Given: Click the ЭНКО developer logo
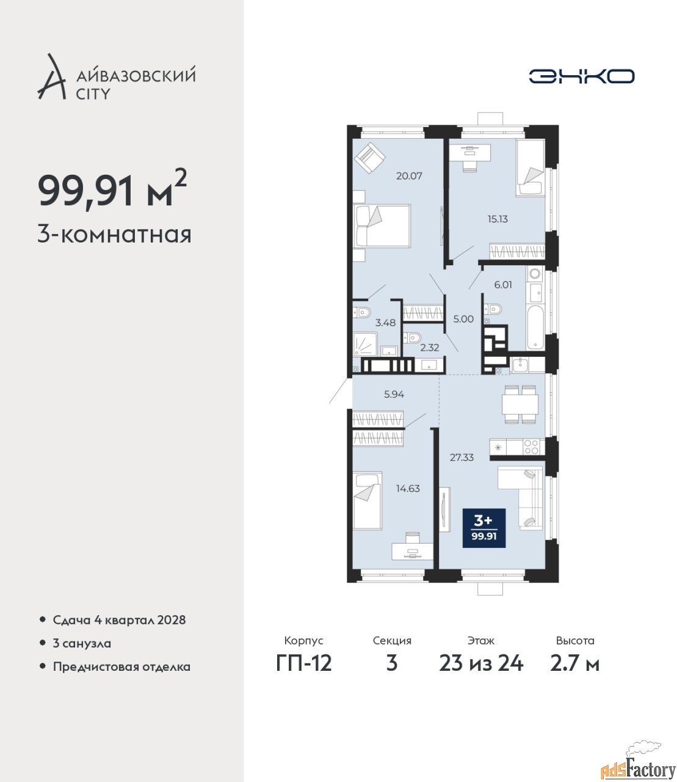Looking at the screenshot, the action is (x=581, y=76).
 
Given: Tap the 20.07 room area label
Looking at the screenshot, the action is (x=409, y=175).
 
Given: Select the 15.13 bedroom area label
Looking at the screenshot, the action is (x=498, y=219).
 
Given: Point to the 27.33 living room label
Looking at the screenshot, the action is (x=462, y=458).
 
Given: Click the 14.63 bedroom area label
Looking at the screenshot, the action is (x=408, y=488).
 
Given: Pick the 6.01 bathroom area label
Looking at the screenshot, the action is (x=503, y=285).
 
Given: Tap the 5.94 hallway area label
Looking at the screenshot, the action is (x=394, y=394).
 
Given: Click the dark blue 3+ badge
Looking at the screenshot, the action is (x=484, y=528).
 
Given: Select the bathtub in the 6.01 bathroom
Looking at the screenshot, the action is (x=535, y=327).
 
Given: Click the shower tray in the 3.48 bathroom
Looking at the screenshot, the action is (x=365, y=344).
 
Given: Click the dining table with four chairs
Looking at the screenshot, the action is (x=520, y=404).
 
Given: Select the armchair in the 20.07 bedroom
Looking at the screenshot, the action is (x=370, y=158).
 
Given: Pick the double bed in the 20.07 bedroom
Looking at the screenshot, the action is (x=382, y=226).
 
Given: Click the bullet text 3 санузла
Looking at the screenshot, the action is (x=82, y=643).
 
